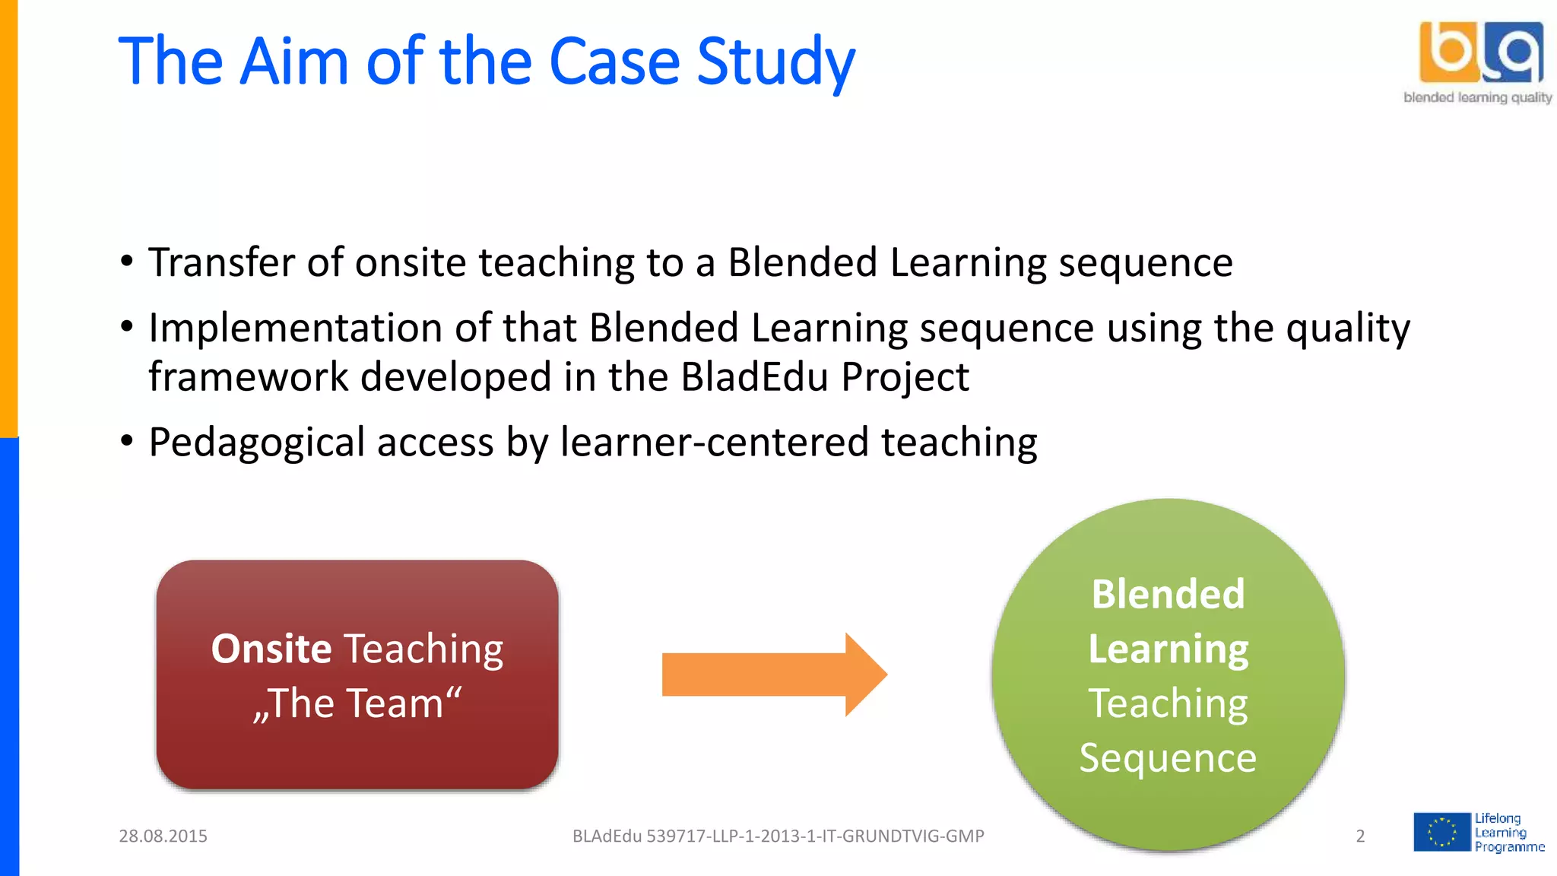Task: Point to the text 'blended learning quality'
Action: (1477, 97)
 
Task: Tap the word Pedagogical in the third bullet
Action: (256, 443)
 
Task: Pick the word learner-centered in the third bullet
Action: (715, 443)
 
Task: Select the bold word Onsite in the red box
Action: (271, 649)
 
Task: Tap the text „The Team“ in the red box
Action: (357, 703)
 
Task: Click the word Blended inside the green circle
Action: (1168, 594)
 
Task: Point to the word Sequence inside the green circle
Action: (1168, 758)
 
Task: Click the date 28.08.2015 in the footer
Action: (163, 836)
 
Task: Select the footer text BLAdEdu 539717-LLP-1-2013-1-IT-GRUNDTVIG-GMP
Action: (778, 836)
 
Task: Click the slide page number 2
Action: (1360, 836)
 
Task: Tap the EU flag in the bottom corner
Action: (1441, 832)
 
